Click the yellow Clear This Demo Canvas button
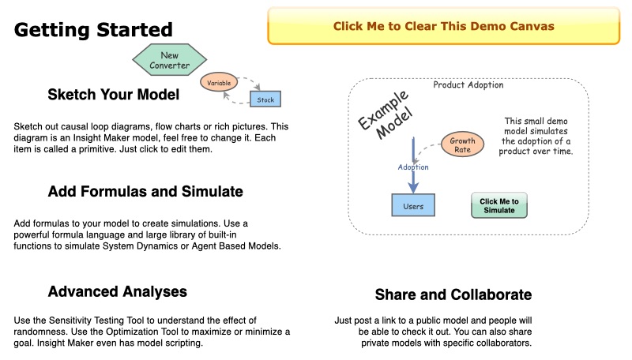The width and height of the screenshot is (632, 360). tap(443, 26)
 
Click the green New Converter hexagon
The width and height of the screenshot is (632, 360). tap(170, 61)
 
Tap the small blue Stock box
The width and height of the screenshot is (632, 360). tap(265, 99)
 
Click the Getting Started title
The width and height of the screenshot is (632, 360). tap(93, 30)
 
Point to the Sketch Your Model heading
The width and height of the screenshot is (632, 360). tap(113, 95)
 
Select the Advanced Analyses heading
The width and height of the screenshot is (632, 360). tap(117, 291)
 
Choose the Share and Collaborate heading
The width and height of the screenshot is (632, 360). tap(453, 294)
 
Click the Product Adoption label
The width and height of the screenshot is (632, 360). tap(468, 85)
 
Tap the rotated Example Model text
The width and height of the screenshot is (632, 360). tap(385, 115)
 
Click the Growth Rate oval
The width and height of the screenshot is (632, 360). tap(462, 145)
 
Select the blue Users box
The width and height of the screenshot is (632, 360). tap(413, 206)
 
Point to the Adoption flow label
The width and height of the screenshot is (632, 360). tap(412, 167)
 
